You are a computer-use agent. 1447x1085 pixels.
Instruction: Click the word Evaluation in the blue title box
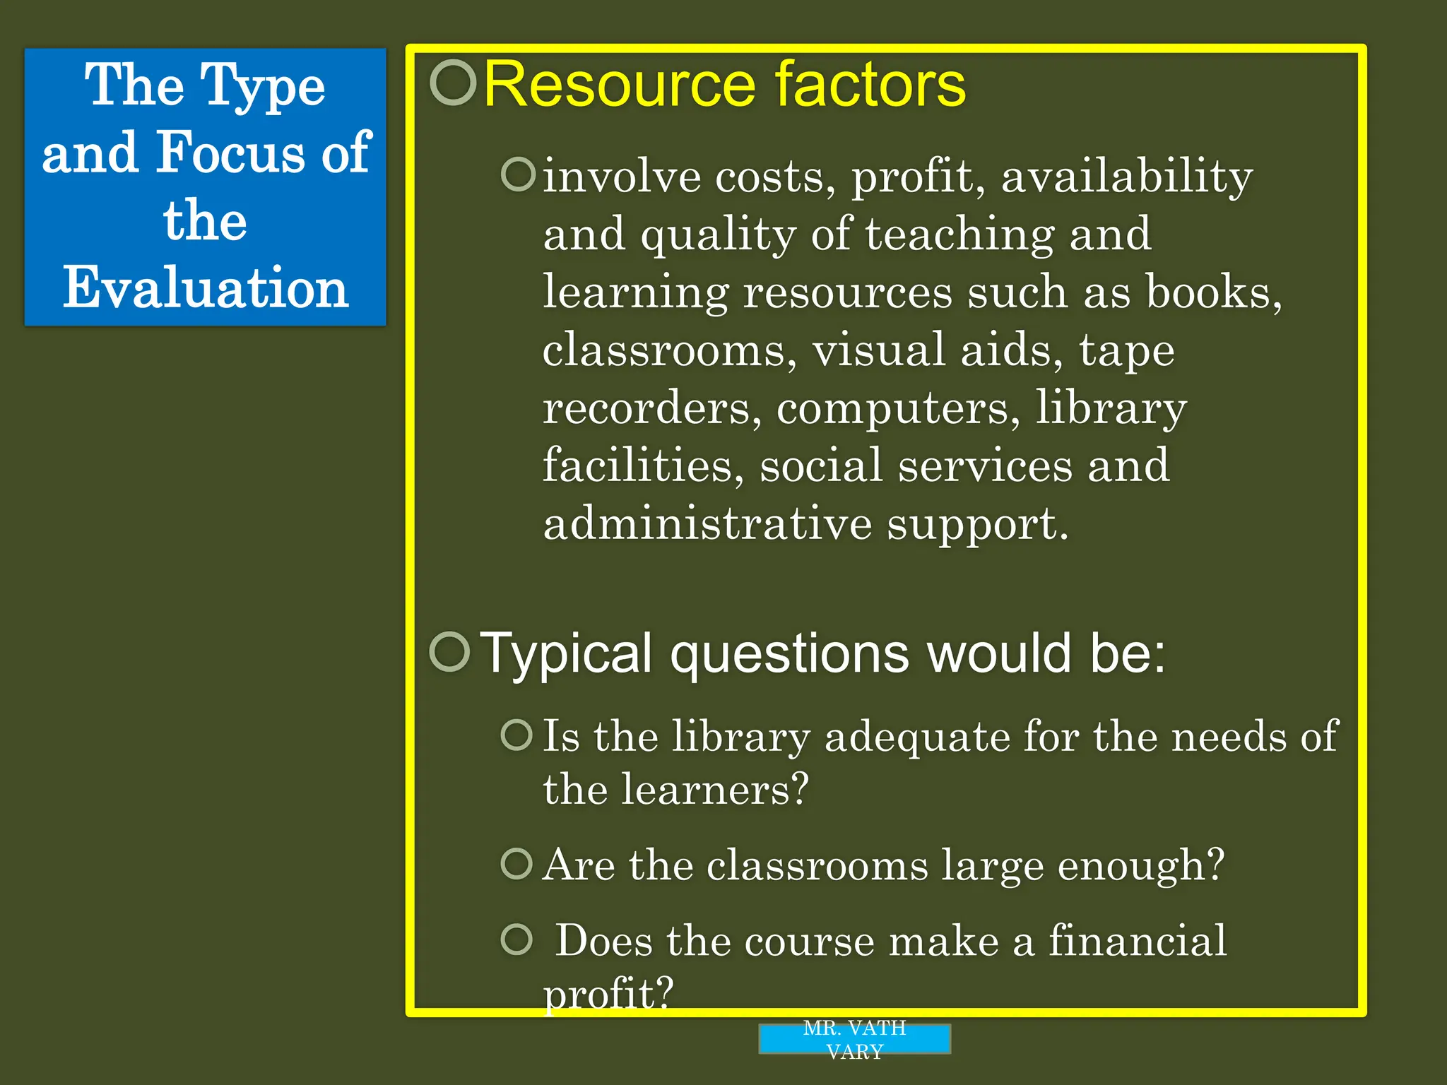click(206, 288)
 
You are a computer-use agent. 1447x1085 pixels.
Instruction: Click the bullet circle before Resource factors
click(453, 83)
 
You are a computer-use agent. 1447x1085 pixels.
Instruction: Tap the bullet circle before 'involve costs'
click(519, 174)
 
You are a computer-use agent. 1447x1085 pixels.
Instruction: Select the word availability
click(1126, 177)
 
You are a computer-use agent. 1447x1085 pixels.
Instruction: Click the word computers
click(898, 408)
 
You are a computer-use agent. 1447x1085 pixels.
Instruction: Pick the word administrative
click(707, 523)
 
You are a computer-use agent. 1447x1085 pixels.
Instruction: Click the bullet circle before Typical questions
click(449, 651)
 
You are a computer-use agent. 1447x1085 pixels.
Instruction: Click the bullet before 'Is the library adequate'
click(516, 735)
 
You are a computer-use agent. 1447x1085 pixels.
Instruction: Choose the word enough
click(1140, 865)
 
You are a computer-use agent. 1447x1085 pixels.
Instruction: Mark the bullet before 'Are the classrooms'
click(516, 863)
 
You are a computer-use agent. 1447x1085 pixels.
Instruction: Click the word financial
click(1137, 941)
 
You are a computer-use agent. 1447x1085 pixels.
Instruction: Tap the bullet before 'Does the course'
click(516, 939)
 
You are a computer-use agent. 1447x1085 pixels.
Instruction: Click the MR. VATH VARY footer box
click(854, 1039)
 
